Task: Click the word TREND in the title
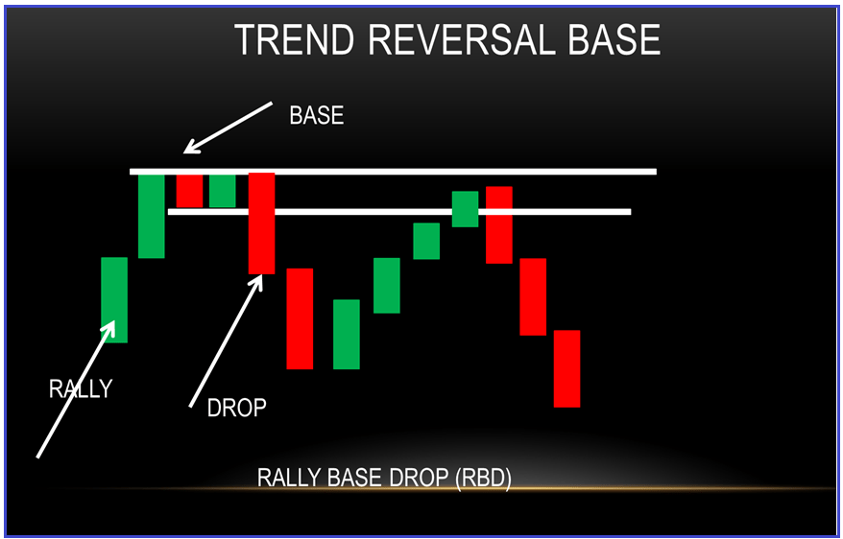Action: click(x=294, y=39)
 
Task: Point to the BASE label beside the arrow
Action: click(x=316, y=115)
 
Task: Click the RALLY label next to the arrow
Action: click(x=81, y=388)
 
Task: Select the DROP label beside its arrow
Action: click(x=236, y=409)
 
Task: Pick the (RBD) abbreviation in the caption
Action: click(x=483, y=478)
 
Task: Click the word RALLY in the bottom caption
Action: click(x=289, y=478)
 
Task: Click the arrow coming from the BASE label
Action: click(x=228, y=128)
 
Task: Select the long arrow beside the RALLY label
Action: click(x=76, y=389)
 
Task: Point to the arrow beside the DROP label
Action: click(x=226, y=340)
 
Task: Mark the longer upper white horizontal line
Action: click(x=393, y=172)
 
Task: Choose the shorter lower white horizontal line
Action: click(x=399, y=212)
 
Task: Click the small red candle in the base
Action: click(x=190, y=191)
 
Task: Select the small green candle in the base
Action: click(x=223, y=191)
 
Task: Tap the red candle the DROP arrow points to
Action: click(x=262, y=223)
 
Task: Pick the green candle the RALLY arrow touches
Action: click(x=114, y=300)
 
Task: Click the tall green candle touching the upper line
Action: click(x=152, y=217)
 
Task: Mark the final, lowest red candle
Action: click(x=567, y=369)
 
